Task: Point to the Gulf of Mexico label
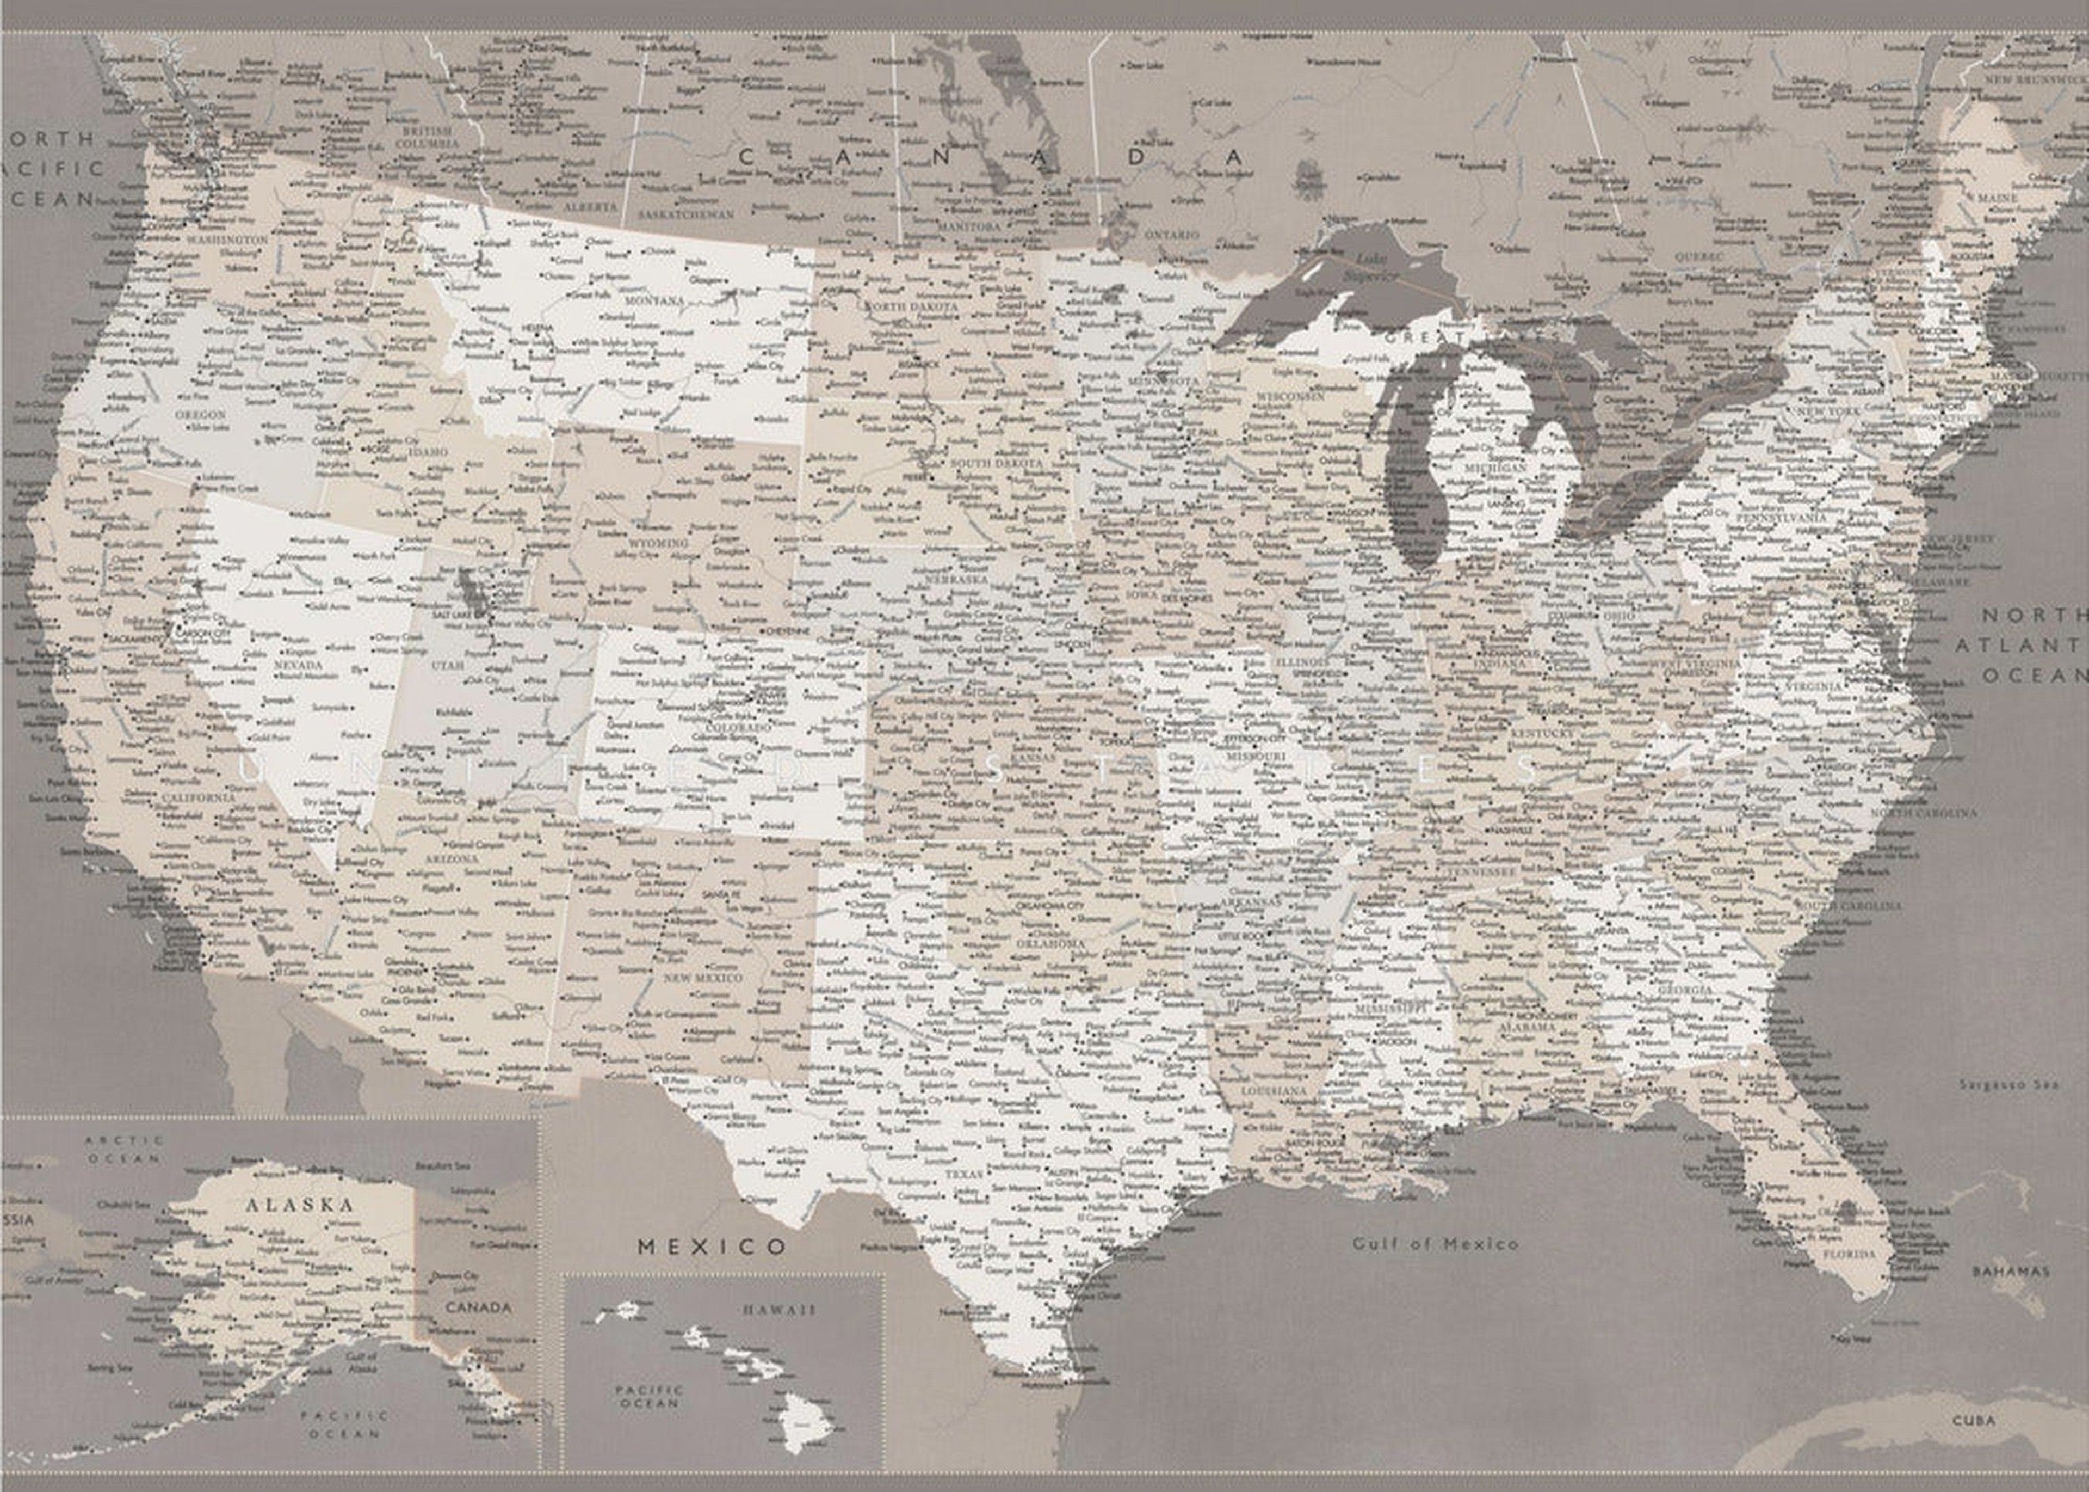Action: click(x=1435, y=1244)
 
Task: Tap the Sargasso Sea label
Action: click(x=2008, y=1085)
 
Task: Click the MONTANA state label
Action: click(x=654, y=300)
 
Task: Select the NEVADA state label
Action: click(x=299, y=664)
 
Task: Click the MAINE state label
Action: click(x=1997, y=198)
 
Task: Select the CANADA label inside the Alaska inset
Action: click(x=478, y=1307)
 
